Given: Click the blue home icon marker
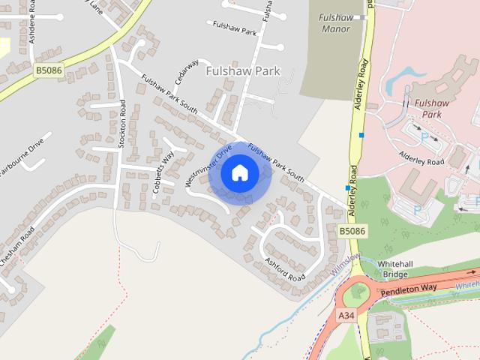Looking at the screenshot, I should [x=239, y=173].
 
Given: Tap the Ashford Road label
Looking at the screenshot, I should [x=285, y=270].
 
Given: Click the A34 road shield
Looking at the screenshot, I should [x=346, y=316].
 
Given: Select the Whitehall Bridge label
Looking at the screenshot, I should [x=394, y=269].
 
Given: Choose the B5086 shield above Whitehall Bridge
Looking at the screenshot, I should [x=352, y=232].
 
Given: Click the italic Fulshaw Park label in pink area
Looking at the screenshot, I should [x=431, y=108].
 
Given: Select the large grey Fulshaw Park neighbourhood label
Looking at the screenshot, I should [x=242, y=70].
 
